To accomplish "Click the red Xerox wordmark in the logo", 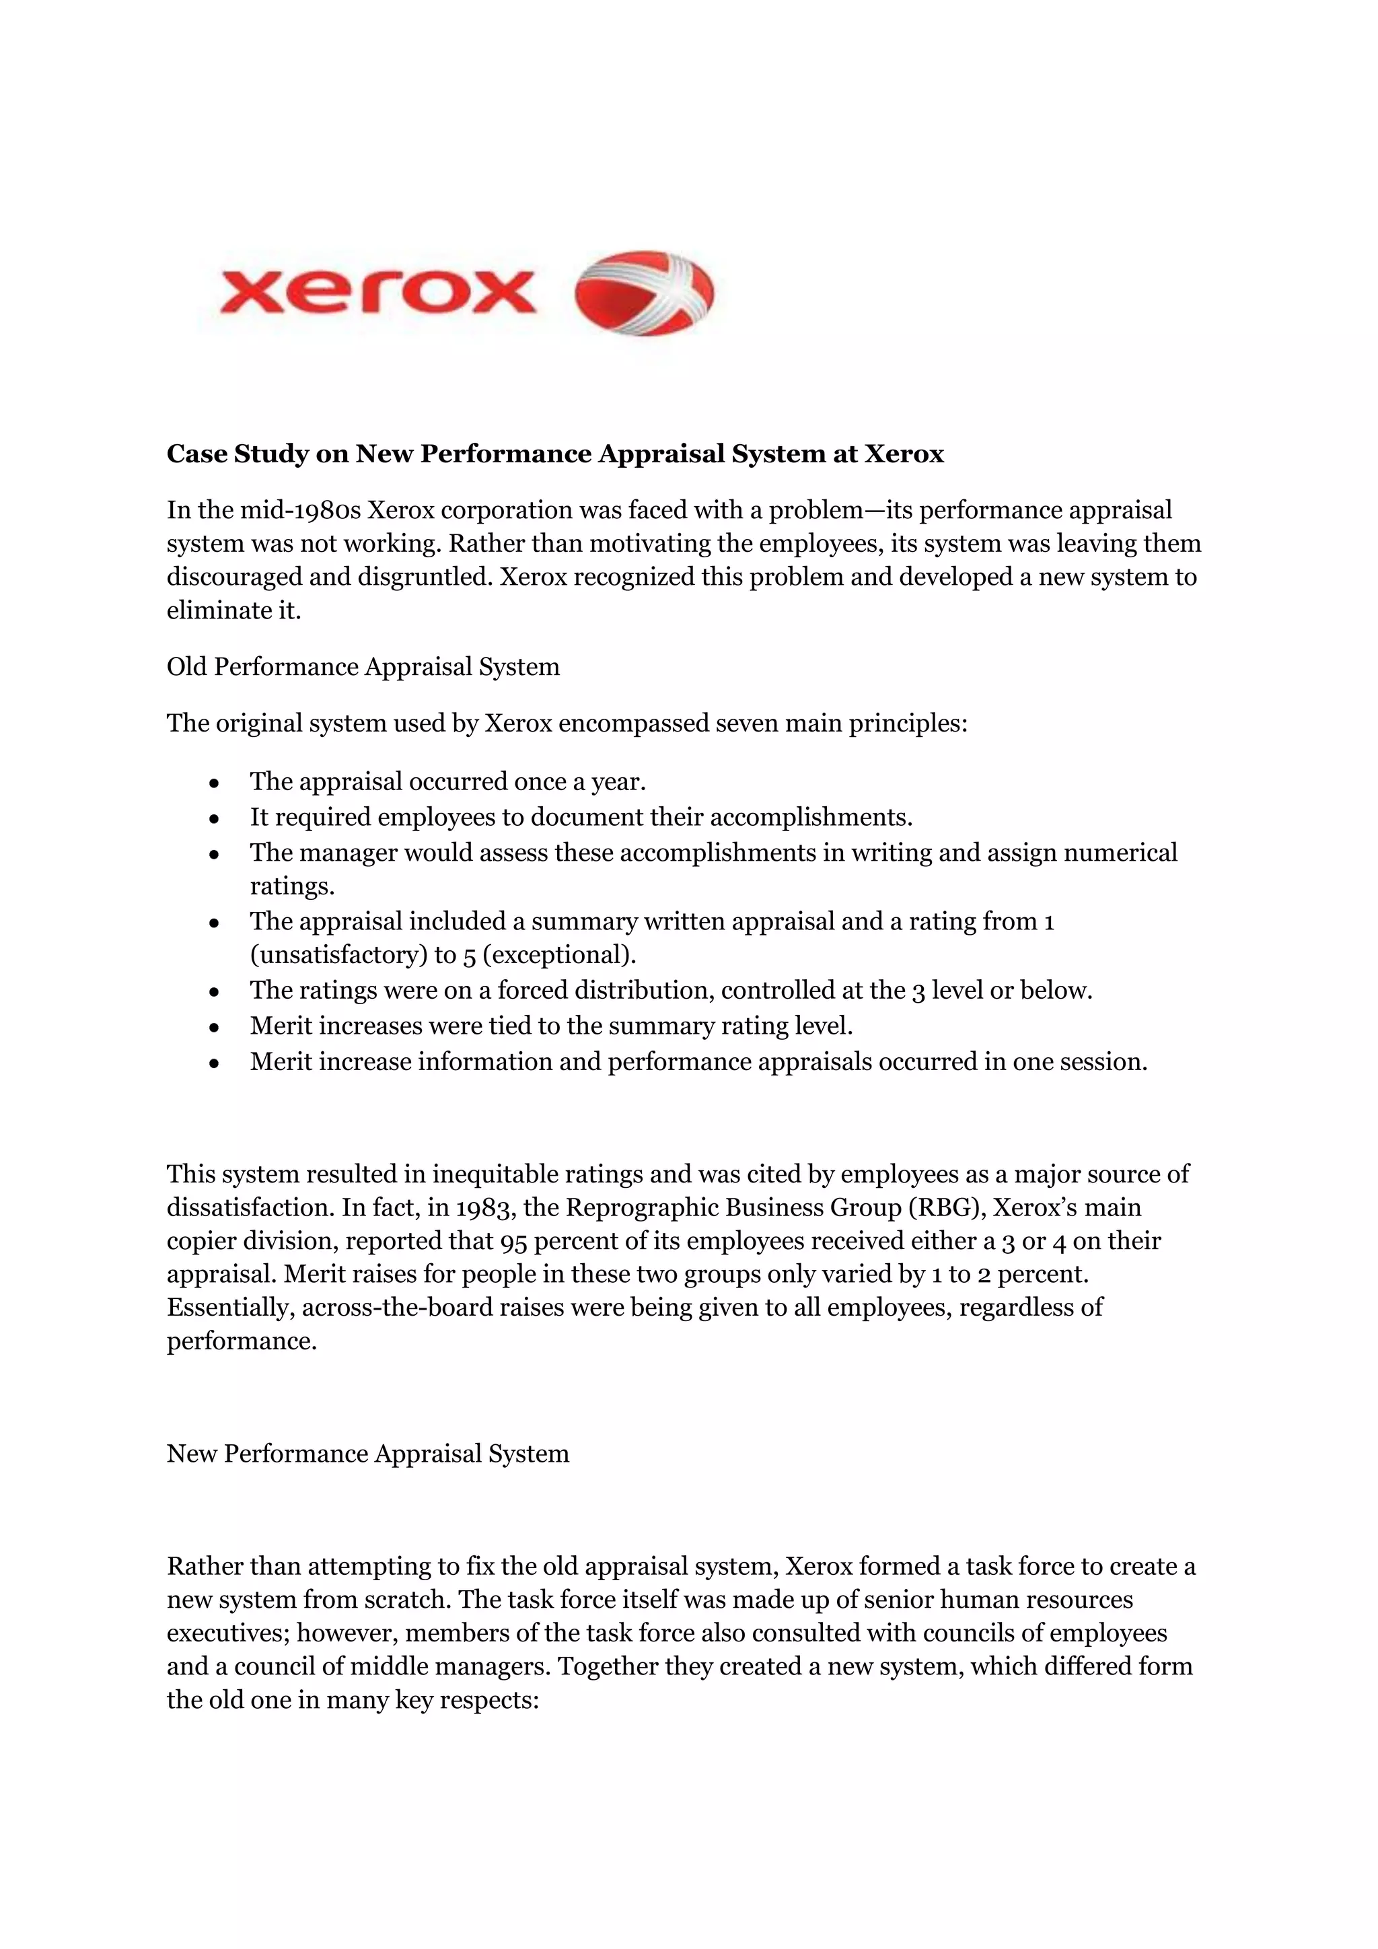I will click(x=377, y=292).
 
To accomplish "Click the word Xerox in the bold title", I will click(x=904, y=454).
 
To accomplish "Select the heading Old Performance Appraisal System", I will click(x=363, y=666).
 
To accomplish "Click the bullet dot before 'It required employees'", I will click(x=215, y=819).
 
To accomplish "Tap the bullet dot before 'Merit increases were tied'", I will click(x=215, y=1028).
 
